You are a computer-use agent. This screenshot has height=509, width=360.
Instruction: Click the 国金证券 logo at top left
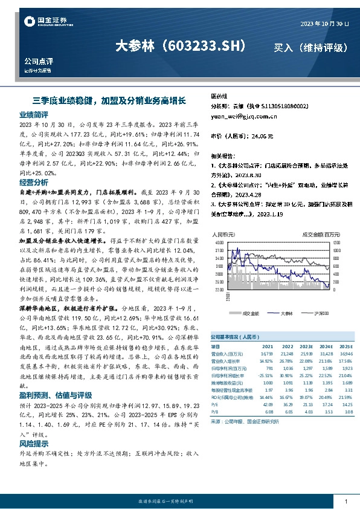pyautogui.click(x=42, y=22)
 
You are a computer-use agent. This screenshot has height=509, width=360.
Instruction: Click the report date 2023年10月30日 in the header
pyautogui.click(x=324, y=23)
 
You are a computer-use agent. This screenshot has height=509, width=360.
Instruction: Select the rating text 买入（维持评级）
pyautogui.click(x=310, y=47)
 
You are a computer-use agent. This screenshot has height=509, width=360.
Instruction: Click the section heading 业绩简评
pyautogui.click(x=34, y=114)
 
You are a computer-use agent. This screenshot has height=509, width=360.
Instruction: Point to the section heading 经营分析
pyautogui.click(x=34, y=182)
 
